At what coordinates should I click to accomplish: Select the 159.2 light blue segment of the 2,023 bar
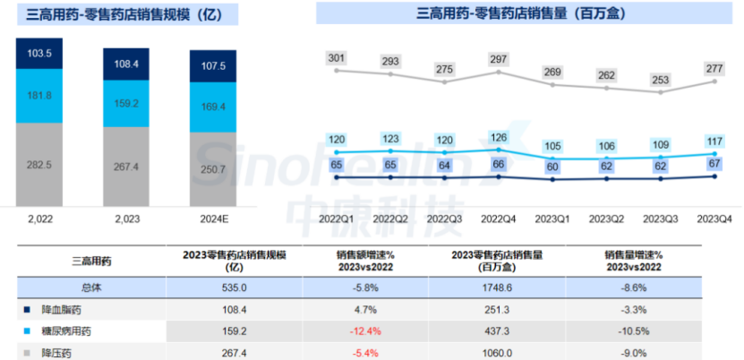click(x=127, y=103)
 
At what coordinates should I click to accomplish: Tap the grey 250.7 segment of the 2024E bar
click(x=213, y=169)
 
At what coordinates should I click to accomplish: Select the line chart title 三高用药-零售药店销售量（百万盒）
click(x=520, y=14)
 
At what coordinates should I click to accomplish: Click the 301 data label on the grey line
click(x=337, y=58)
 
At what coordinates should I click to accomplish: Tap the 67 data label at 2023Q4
click(x=713, y=162)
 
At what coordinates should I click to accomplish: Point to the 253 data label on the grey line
click(x=662, y=80)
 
